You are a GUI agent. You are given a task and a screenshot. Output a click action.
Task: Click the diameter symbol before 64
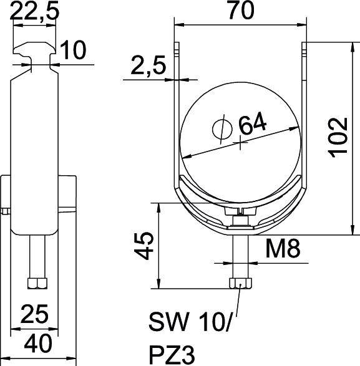coord(221,127)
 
